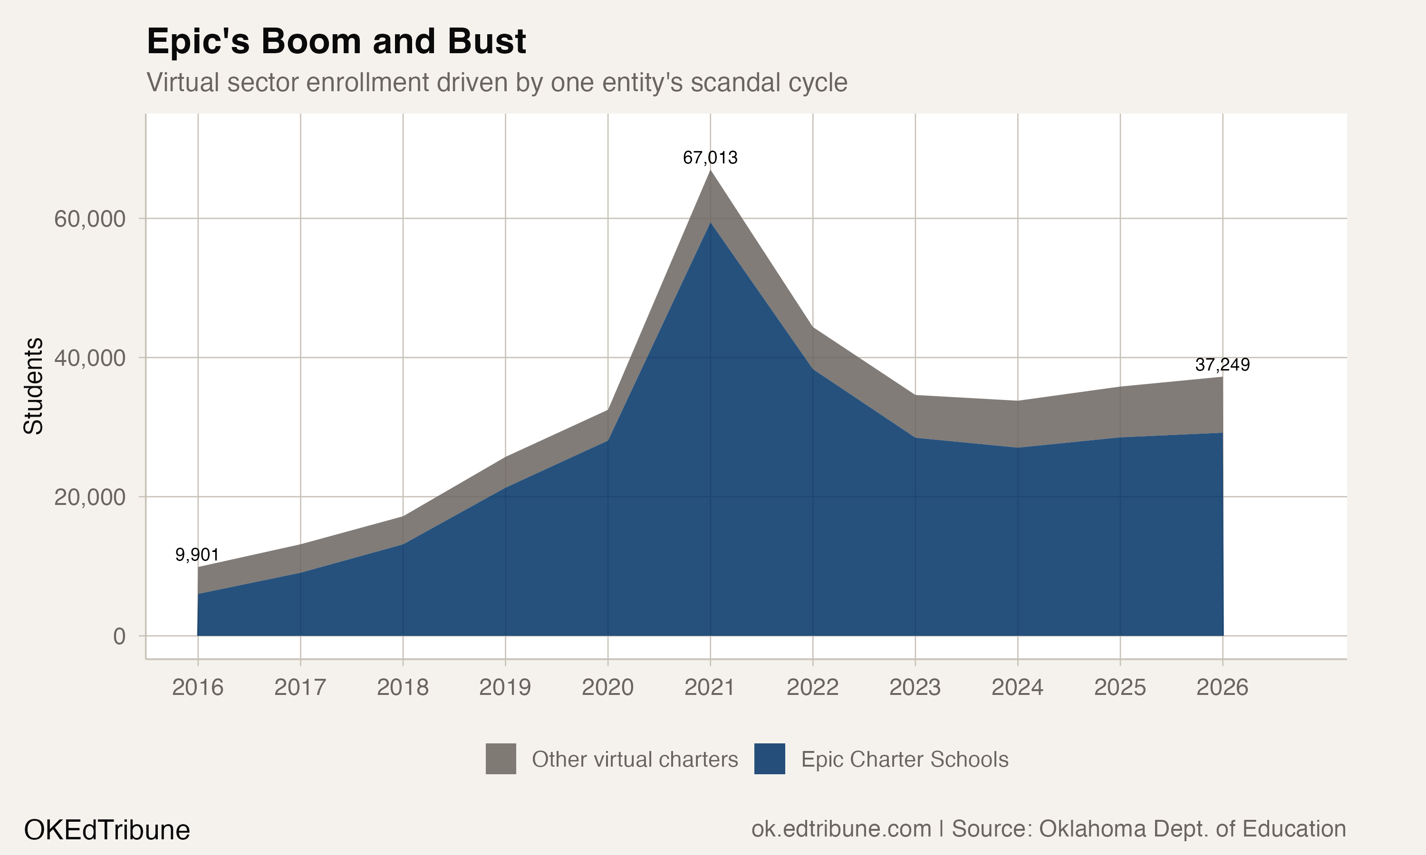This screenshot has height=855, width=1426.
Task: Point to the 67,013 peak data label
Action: pyautogui.click(x=710, y=157)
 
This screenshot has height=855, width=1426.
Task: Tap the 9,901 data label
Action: pyautogui.click(x=197, y=555)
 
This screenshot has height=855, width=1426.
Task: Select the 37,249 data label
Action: pyautogui.click(x=1222, y=365)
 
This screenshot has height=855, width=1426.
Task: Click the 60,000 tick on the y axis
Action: pyautogui.click(x=89, y=219)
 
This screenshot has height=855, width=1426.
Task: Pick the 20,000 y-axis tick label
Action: pyautogui.click(x=89, y=497)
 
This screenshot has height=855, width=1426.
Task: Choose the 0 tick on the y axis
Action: pyautogui.click(x=119, y=636)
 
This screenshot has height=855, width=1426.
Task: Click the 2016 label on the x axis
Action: pyautogui.click(x=197, y=687)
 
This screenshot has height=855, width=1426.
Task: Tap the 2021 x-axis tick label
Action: pyautogui.click(x=710, y=687)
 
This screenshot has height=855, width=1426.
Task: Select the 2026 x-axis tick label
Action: pyautogui.click(x=1222, y=687)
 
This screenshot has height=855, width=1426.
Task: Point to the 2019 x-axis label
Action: pyautogui.click(x=505, y=687)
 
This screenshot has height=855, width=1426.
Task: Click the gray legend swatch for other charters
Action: pyautogui.click(x=501, y=759)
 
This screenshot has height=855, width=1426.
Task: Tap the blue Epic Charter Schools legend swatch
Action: pyautogui.click(x=770, y=759)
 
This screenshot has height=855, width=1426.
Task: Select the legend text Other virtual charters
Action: pyautogui.click(x=635, y=760)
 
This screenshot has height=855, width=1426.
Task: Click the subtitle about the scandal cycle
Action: pyautogui.click(x=497, y=82)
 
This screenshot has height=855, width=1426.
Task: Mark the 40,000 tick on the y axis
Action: pyautogui.click(x=89, y=358)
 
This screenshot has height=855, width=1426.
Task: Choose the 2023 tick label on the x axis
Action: pyautogui.click(x=915, y=687)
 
